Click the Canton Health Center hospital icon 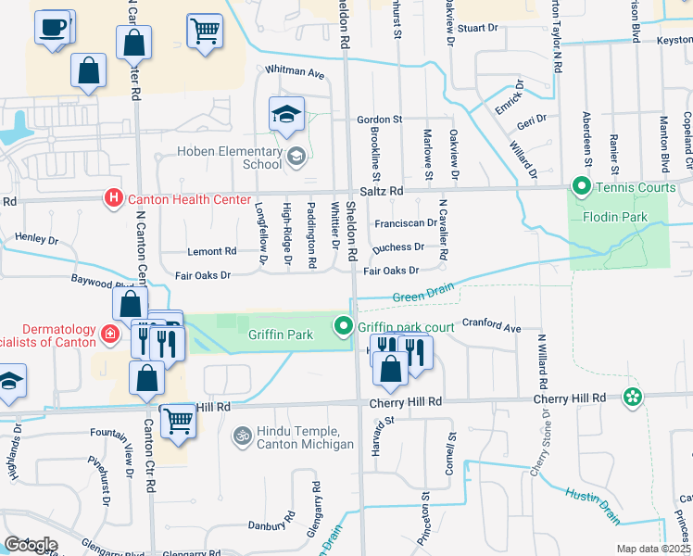(x=113, y=198)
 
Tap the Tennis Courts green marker (x=582, y=188)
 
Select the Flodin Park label (x=615, y=218)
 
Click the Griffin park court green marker (x=344, y=326)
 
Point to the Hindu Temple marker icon (x=243, y=435)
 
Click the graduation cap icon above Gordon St (x=286, y=116)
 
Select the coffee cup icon (x=54, y=27)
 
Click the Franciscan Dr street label (x=405, y=223)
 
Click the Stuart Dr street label (x=478, y=28)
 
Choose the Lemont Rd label (x=211, y=251)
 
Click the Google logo (x=30, y=545)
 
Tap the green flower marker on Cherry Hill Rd (x=633, y=398)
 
